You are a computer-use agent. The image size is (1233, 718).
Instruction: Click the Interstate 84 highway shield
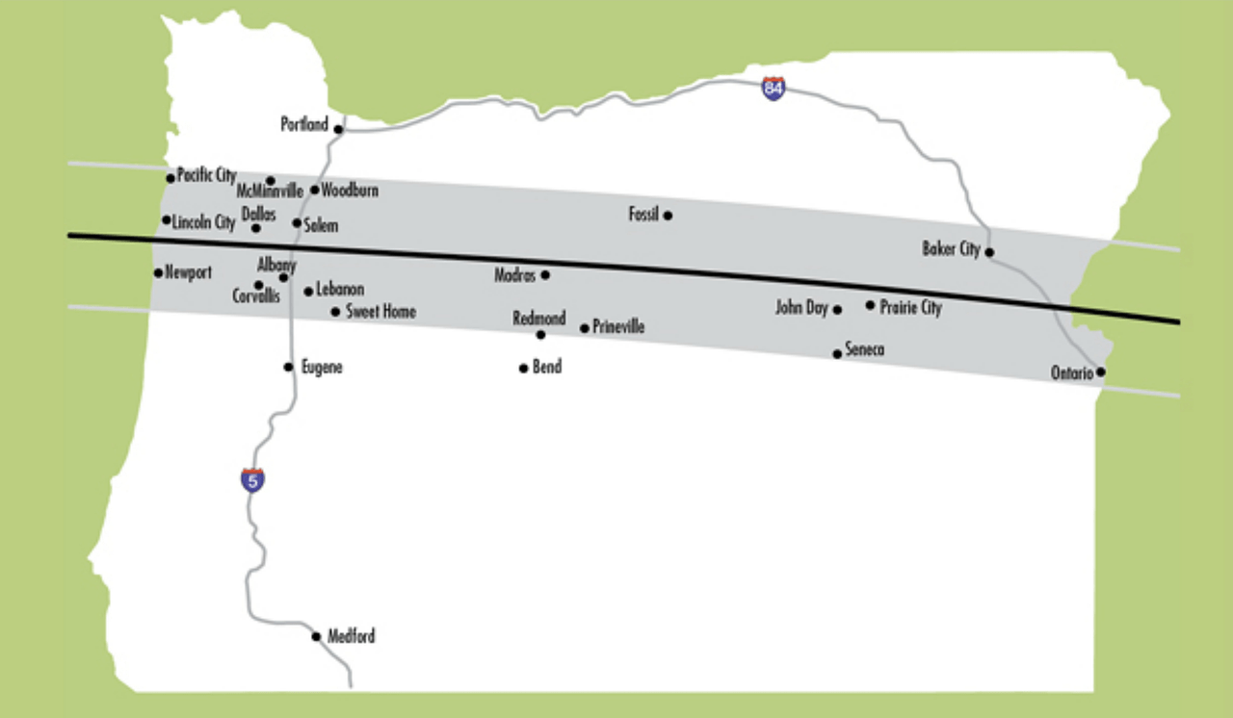(x=773, y=89)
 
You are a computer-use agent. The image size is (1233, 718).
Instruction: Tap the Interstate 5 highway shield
(x=252, y=479)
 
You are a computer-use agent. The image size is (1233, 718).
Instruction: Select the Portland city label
(x=304, y=124)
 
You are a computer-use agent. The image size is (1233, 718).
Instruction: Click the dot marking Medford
(x=316, y=636)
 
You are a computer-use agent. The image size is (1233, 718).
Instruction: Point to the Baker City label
(x=951, y=249)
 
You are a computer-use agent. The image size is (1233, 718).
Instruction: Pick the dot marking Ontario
(x=1100, y=372)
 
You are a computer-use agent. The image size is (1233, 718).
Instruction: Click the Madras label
(x=515, y=275)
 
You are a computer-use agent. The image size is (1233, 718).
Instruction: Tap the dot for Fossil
(x=668, y=216)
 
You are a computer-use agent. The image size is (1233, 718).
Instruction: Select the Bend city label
(x=546, y=368)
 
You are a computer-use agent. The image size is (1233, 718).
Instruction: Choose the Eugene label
(x=322, y=367)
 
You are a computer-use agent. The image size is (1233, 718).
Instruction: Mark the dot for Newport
(x=158, y=272)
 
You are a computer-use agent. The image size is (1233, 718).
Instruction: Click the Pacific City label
(x=206, y=175)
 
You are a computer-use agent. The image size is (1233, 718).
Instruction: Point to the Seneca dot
(x=837, y=354)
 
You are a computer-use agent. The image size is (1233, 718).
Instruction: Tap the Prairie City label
(x=910, y=308)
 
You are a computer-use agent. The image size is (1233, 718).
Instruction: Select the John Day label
(x=801, y=308)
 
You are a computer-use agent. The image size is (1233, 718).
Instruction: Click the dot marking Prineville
(x=584, y=328)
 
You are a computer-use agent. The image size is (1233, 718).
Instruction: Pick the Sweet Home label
(x=380, y=311)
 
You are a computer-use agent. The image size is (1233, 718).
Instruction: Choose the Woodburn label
(x=350, y=191)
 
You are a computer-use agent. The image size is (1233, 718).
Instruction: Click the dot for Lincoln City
(x=167, y=220)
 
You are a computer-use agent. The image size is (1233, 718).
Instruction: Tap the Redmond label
(x=539, y=319)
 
